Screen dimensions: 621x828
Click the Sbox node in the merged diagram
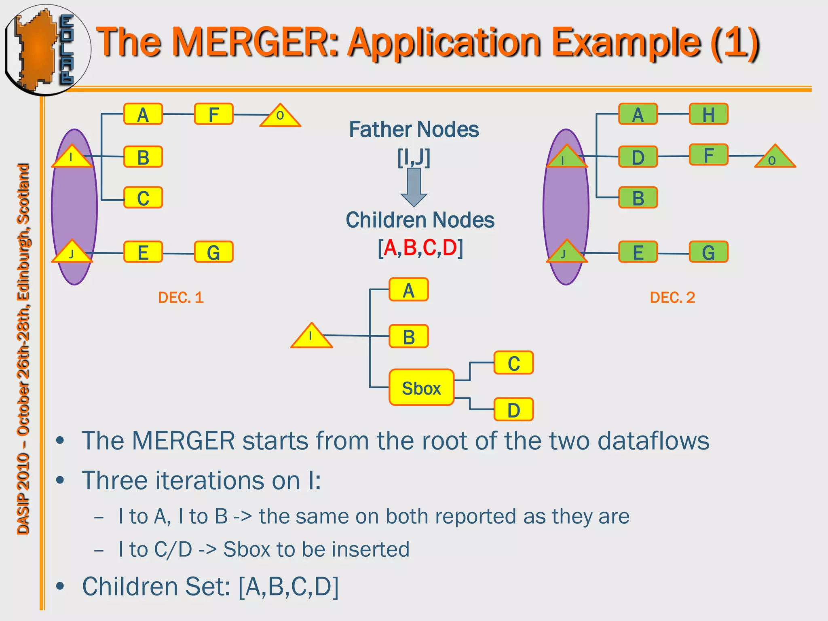click(x=421, y=387)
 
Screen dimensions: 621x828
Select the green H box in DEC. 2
click(x=708, y=114)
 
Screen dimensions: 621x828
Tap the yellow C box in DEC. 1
click(x=143, y=198)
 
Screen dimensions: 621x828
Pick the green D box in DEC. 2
click(x=638, y=157)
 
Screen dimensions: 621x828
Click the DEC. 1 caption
click(x=181, y=298)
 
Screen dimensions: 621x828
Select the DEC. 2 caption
click(x=672, y=298)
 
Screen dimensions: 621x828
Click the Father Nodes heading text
click(x=414, y=130)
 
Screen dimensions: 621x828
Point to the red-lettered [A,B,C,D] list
click(x=420, y=247)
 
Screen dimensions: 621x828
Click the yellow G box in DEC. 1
click(x=213, y=252)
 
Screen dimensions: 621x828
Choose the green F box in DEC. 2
click(x=708, y=155)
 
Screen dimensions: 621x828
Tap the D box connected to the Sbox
click(x=513, y=410)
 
